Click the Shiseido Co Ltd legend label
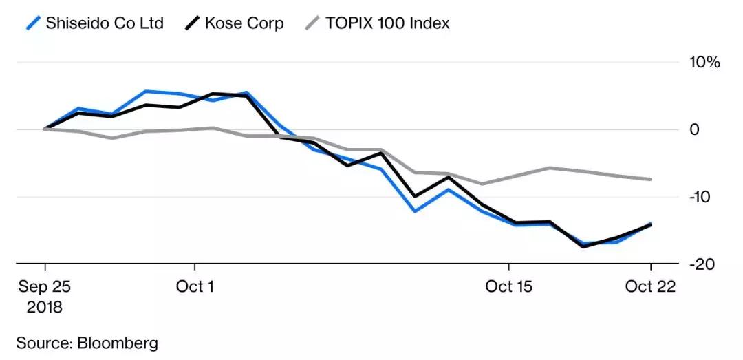pyautogui.click(x=105, y=23)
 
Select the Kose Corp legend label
pyautogui.click(x=244, y=23)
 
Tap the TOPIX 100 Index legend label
pyautogui.click(x=387, y=23)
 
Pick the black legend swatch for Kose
pyautogui.click(x=193, y=23)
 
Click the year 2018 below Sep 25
pyautogui.click(x=45, y=306)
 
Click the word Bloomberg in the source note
pyautogui.click(x=118, y=342)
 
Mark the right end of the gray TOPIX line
pyautogui.click(x=651, y=179)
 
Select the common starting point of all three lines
pyautogui.click(x=45, y=129)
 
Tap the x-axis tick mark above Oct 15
pyautogui.click(x=508, y=267)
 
